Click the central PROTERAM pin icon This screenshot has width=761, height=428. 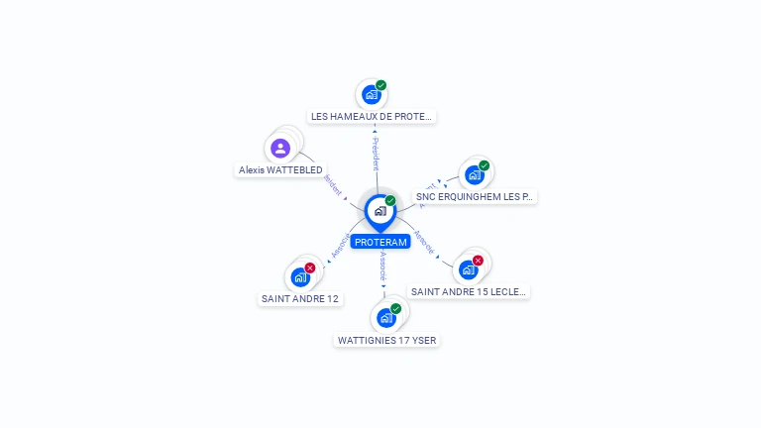pos(380,211)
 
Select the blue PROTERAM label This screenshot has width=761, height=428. pos(380,243)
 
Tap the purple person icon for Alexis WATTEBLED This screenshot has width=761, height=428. pos(280,149)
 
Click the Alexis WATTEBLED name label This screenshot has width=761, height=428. pos(280,170)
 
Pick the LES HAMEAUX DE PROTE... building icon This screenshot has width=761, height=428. pos(372,95)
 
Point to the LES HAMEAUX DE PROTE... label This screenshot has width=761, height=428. pos(372,116)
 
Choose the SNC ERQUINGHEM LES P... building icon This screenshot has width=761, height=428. pos(475,175)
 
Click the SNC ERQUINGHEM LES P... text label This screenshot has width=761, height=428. pos(475,197)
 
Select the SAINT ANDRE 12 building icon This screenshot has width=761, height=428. pos(300,277)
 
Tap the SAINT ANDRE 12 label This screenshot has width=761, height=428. pos(300,298)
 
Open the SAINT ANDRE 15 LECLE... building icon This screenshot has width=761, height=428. pos(469,269)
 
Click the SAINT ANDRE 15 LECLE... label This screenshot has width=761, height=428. pos(470,291)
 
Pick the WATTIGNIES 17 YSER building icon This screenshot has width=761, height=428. pos(386,318)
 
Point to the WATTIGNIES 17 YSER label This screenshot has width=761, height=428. pos(386,340)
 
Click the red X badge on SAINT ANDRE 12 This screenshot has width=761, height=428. pos(310,267)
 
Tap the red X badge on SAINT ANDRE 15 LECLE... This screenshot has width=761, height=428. pos(478,261)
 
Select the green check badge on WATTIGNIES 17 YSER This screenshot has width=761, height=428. pos(396,308)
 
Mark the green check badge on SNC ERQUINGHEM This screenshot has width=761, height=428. pos(484,165)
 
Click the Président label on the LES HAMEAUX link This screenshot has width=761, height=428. pos(376,154)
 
